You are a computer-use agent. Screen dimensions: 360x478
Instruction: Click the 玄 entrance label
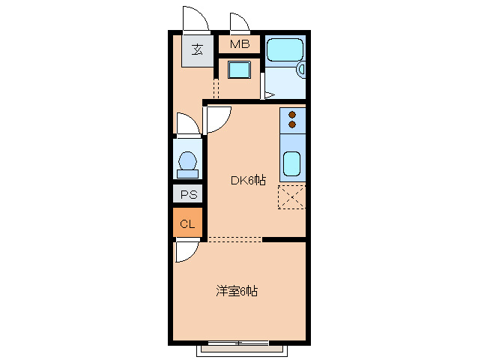[x=197, y=50]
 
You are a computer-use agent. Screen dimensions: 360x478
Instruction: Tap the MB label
[x=239, y=43]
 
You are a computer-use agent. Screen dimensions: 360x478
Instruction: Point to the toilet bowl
[x=187, y=162]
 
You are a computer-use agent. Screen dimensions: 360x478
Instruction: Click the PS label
[x=187, y=195]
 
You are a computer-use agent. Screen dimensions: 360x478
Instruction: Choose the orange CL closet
[x=187, y=223]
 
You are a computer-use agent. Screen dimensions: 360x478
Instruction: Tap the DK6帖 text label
[x=248, y=180]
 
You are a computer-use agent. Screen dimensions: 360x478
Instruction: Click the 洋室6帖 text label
[x=237, y=291]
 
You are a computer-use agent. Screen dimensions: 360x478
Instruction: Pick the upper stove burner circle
[x=292, y=115]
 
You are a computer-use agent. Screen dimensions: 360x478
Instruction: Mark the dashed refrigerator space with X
[x=291, y=196]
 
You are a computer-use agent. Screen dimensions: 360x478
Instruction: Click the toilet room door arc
[x=186, y=124]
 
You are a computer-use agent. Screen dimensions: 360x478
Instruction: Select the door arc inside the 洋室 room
[x=186, y=252]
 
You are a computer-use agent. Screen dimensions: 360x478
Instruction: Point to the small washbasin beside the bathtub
[x=302, y=70]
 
